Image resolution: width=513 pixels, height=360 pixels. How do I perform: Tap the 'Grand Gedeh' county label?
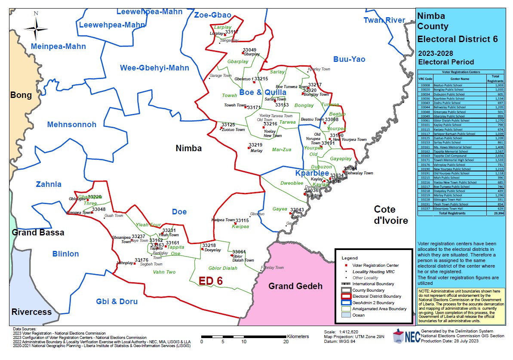pyautogui.click(x=295, y=286)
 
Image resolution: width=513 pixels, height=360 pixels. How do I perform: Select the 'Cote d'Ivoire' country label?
pyautogui.click(x=390, y=215)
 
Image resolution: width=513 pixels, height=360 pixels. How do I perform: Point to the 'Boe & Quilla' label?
pyautogui.click(x=263, y=92)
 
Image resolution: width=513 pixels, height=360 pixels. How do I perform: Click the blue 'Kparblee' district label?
pyautogui.click(x=312, y=174)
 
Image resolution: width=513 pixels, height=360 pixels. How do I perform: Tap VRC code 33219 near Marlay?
pyautogui.click(x=255, y=145)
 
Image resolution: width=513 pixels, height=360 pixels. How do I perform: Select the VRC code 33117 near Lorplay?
pyautogui.click(x=231, y=32)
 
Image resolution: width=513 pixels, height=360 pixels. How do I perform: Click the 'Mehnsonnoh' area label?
pyautogui.click(x=72, y=125)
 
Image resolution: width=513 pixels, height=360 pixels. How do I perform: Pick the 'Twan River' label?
pyautogui.click(x=384, y=20)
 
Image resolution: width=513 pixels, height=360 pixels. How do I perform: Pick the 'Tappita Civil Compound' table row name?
pyautogui.click(x=450, y=156)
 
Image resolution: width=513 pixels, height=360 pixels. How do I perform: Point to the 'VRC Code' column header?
pyautogui.click(x=425, y=79)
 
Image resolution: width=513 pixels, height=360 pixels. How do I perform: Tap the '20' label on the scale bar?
pyautogui.click(x=286, y=342)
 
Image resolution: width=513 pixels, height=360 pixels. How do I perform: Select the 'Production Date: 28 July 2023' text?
pyautogui.click(x=450, y=341)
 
